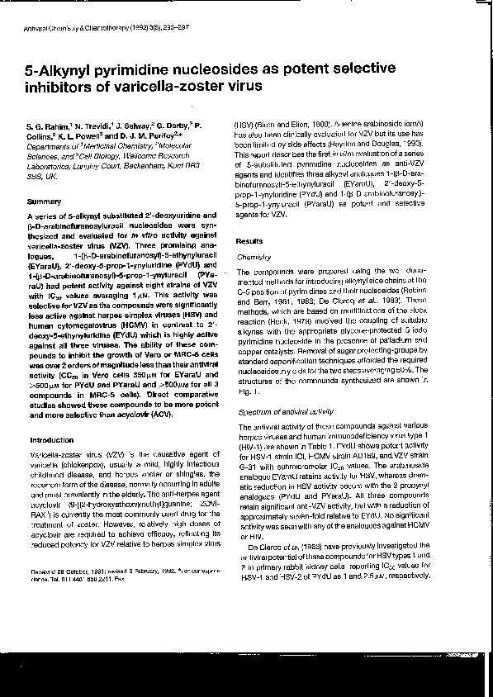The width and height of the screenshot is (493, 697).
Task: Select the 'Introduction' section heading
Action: [x=51, y=439]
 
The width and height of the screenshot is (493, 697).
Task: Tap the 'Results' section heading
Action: [x=250, y=241]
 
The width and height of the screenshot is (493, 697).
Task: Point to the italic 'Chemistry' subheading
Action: [x=255, y=258]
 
